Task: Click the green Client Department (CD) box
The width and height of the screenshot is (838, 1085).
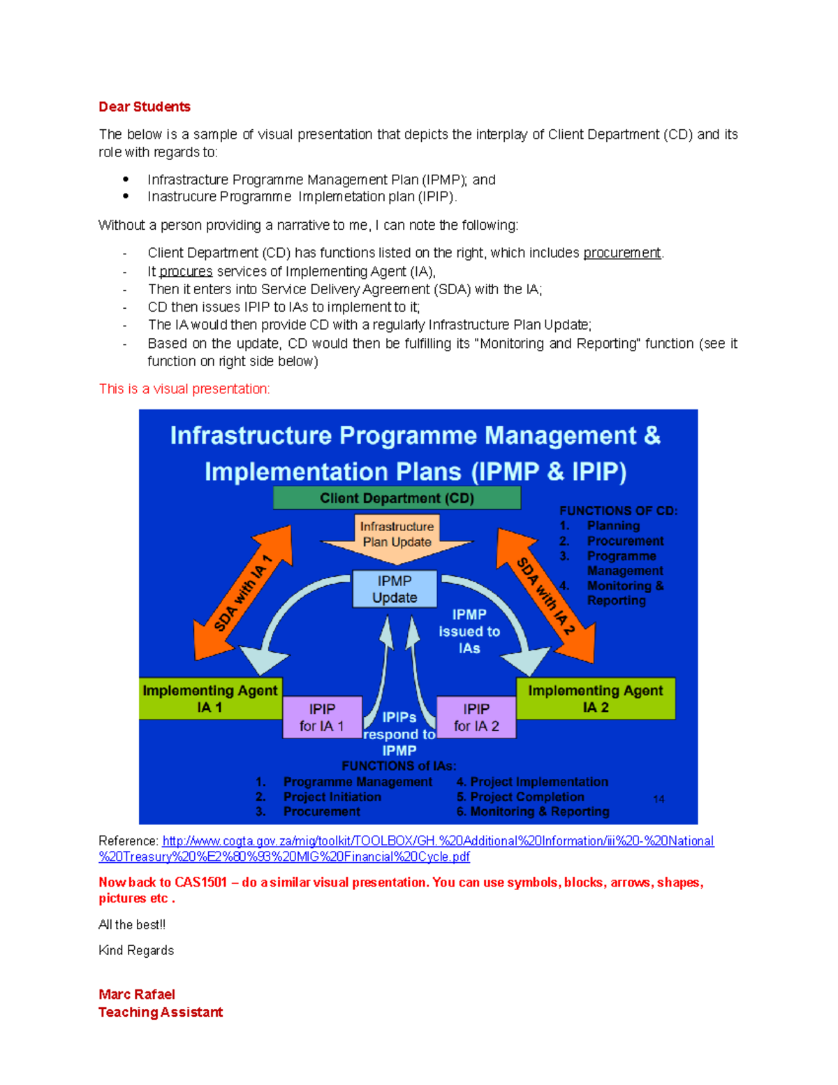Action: (x=397, y=498)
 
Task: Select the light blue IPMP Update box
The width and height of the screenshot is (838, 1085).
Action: (x=395, y=589)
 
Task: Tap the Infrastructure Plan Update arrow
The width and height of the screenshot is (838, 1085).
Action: (x=397, y=539)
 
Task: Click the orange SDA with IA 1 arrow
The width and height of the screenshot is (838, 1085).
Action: (x=242, y=592)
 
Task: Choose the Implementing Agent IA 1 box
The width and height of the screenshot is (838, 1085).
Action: (x=210, y=699)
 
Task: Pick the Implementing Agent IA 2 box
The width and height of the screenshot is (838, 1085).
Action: (x=595, y=699)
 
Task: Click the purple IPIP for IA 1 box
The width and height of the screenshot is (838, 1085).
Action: (x=322, y=718)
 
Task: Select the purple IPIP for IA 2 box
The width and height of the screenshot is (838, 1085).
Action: (x=476, y=718)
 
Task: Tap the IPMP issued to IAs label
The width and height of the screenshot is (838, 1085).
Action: (x=469, y=632)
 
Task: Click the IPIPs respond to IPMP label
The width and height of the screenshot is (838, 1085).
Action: (x=399, y=734)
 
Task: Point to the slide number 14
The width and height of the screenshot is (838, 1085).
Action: (x=659, y=799)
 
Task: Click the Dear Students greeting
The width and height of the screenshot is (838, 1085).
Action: (x=145, y=107)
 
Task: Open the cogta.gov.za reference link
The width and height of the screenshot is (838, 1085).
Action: (x=438, y=841)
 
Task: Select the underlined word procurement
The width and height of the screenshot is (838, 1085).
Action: (x=622, y=253)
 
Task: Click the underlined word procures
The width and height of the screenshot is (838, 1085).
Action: (x=186, y=272)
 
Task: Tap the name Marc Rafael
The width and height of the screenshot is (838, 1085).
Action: (x=137, y=994)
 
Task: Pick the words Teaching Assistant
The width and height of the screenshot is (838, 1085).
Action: (x=161, y=1012)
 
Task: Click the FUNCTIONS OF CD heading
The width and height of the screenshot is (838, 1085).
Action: (x=619, y=511)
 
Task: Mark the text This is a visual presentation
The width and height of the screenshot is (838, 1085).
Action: (x=184, y=389)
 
